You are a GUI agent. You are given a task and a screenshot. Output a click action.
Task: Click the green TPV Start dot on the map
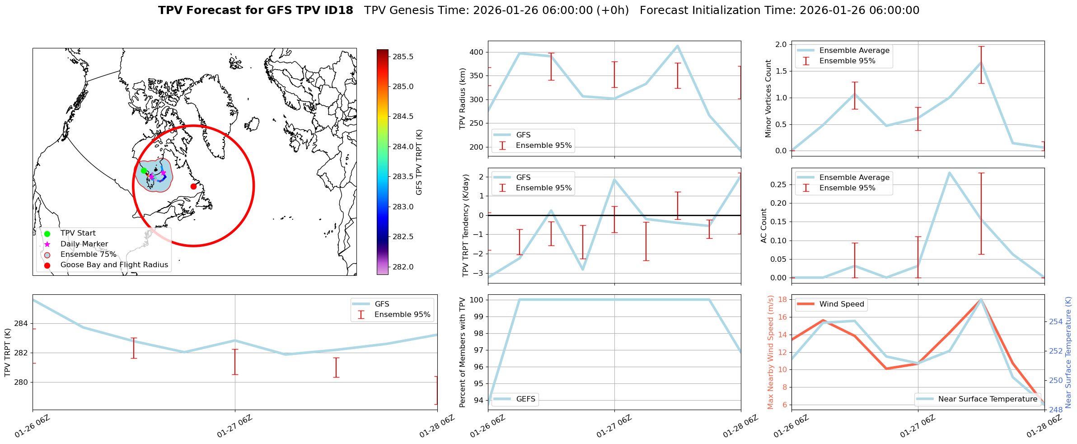point(144,170)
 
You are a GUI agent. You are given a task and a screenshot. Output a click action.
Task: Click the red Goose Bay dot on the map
point(193,186)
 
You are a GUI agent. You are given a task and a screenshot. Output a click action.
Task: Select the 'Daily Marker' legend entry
point(84,244)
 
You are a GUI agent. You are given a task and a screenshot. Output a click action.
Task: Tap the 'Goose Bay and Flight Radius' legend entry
point(114,265)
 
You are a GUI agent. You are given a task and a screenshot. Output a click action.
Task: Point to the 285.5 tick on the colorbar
point(403,57)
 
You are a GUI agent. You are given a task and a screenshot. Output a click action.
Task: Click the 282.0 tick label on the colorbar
point(403,267)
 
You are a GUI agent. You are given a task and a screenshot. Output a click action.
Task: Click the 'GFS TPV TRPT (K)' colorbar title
point(419,162)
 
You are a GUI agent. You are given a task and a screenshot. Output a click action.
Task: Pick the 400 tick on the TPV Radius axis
point(477,52)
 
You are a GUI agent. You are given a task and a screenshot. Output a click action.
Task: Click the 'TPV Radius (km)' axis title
point(463,99)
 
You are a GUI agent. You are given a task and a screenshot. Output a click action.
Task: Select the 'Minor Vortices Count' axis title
point(768,99)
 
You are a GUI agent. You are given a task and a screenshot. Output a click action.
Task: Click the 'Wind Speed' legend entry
point(842,304)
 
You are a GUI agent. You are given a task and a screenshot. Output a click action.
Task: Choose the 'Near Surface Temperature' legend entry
point(988,399)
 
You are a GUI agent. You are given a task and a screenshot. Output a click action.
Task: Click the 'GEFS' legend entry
point(525,399)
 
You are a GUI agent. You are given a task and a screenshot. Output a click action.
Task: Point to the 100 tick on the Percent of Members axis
point(477,300)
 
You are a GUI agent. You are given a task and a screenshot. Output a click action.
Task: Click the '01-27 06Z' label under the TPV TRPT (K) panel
point(234,426)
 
